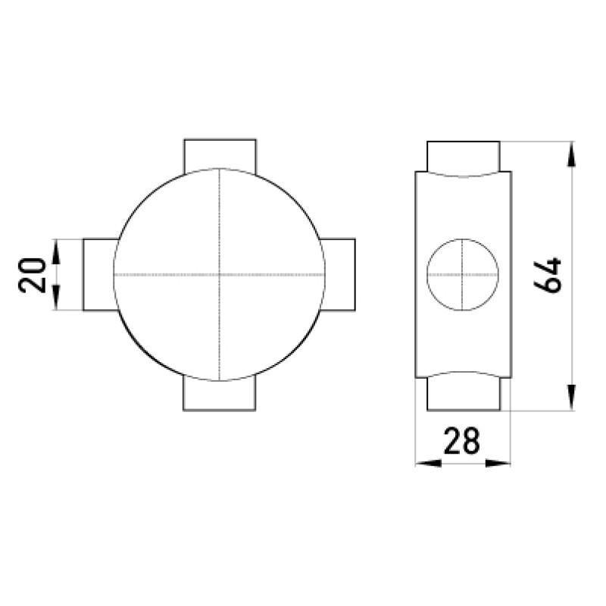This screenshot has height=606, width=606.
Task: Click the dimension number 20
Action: click(x=32, y=275)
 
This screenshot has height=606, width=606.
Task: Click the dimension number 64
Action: click(x=547, y=275)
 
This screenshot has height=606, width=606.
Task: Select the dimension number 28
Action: click(x=462, y=441)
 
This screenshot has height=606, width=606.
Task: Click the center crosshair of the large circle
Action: click(x=220, y=275)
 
